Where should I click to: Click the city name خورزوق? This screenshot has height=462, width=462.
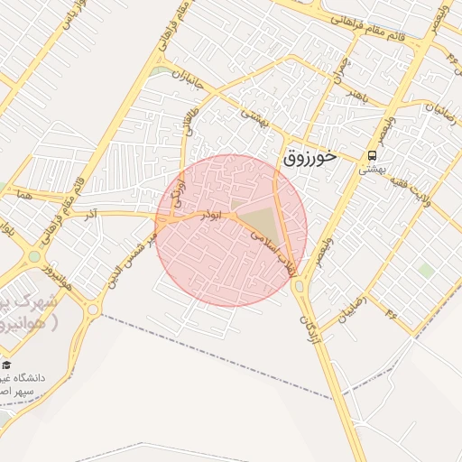click(x=310, y=155)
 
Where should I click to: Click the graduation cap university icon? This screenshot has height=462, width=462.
click(x=7, y=365)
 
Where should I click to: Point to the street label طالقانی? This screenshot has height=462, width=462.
click(x=190, y=117)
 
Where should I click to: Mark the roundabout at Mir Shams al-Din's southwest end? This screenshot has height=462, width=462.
click(x=93, y=310)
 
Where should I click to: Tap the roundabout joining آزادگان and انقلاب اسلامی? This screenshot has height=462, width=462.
click(x=300, y=286)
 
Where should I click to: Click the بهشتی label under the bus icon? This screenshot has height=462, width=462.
click(x=367, y=169)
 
